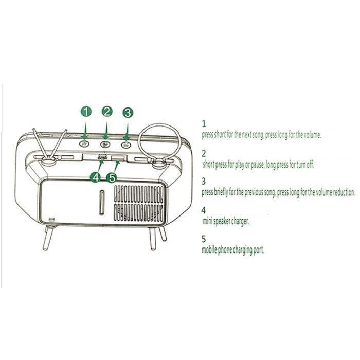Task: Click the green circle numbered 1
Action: [x=86, y=112]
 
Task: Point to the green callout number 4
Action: [x=95, y=177]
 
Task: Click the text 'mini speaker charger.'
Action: [x=225, y=221]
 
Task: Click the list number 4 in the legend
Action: [x=204, y=210]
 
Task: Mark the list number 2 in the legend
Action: [x=204, y=153]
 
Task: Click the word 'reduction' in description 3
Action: [x=343, y=192]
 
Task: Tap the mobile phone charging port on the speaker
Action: [x=117, y=157]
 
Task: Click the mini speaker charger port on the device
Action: [x=101, y=157]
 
